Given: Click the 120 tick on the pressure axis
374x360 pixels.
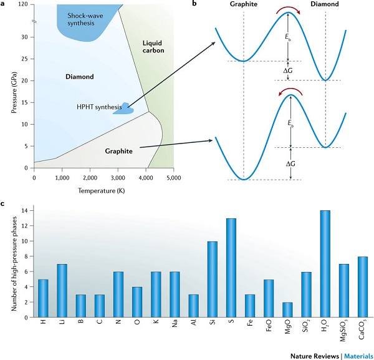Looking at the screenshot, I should point(24,6).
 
